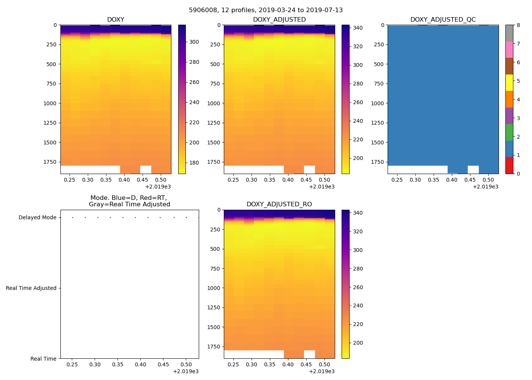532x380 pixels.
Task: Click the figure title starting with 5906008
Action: pos(266,10)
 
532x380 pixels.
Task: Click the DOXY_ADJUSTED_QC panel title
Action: pos(443,20)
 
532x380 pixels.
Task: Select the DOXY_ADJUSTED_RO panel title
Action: pos(279,204)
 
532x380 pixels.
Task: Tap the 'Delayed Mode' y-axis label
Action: pos(37,218)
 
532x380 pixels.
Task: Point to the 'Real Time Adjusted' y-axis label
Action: pos(31,288)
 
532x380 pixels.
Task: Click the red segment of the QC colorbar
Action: pos(509,165)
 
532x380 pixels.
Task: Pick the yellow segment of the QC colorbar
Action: pos(509,82)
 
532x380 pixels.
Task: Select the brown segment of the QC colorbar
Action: pos(509,66)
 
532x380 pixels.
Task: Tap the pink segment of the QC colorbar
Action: pos(509,49)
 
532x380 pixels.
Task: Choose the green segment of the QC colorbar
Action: pos(509,132)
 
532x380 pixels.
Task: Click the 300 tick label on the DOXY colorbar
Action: pos(194,42)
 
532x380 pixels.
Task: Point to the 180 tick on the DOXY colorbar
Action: pos(194,163)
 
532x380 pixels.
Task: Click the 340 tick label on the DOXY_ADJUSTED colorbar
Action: pos(358,28)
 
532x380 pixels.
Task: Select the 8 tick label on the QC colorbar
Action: pos(518,25)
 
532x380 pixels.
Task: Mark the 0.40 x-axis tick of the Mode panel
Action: pos(140,365)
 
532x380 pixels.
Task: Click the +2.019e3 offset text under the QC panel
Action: pos(485,187)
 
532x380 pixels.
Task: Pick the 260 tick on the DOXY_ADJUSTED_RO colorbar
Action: pos(358,287)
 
